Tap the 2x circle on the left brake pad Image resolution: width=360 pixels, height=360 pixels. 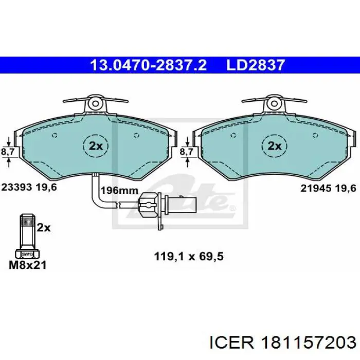click(96, 146)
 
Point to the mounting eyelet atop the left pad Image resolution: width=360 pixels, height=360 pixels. click(95, 103)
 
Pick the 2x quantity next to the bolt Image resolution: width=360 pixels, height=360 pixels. click(44, 227)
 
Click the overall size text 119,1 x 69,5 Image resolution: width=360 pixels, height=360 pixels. click(189, 256)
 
